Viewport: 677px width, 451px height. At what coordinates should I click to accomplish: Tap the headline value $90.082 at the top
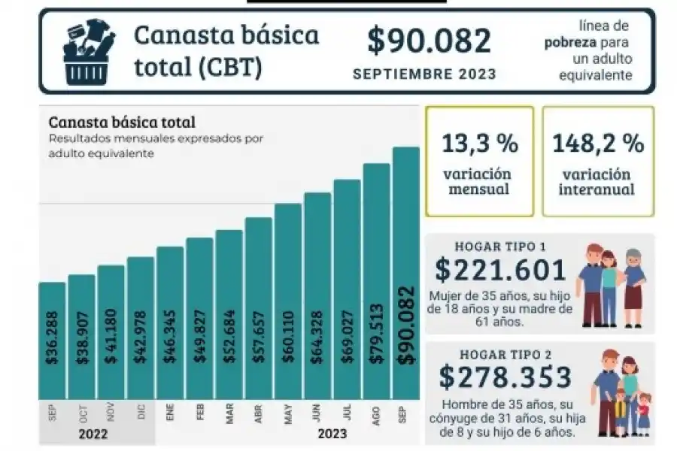[x=429, y=41]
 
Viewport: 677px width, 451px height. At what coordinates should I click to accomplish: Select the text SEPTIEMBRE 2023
[x=424, y=74]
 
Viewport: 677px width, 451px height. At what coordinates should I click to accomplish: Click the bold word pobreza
[x=570, y=43]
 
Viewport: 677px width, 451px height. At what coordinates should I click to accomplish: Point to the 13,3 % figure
[x=478, y=143]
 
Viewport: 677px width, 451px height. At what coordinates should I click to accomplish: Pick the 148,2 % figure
[x=597, y=143]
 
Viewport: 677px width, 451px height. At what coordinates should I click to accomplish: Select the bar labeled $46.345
[x=170, y=323]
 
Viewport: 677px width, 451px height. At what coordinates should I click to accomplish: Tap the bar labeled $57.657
[x=258, y=308]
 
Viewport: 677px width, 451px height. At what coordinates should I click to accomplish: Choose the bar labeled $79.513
[x=376, y=282]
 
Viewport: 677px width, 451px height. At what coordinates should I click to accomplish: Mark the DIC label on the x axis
[x=140, y=412]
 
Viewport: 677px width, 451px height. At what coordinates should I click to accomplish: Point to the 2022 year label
[x=93, y=434]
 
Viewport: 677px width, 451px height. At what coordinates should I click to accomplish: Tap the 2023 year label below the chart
[x=332, y=434]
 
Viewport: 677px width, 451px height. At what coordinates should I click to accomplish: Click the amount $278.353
[x=506, y=377]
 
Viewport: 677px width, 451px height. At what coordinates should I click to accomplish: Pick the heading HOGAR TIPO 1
[x=499, y=247]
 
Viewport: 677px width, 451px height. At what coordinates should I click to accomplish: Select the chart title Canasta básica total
[x=122, y=122]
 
